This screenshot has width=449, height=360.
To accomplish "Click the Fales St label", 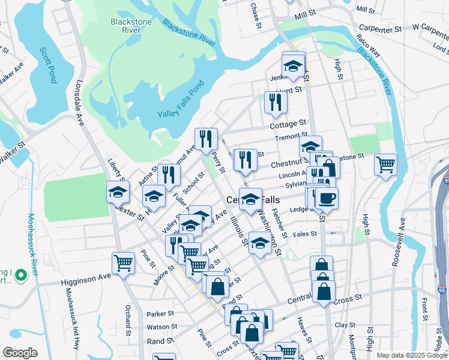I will click(305, 234).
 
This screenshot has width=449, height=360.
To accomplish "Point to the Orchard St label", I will click(128, 318).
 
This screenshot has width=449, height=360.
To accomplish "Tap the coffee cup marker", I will click(327, 198).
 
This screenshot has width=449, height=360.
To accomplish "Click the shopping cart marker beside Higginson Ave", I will click(123, 263).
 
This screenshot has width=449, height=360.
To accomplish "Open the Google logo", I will click(20, 352).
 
